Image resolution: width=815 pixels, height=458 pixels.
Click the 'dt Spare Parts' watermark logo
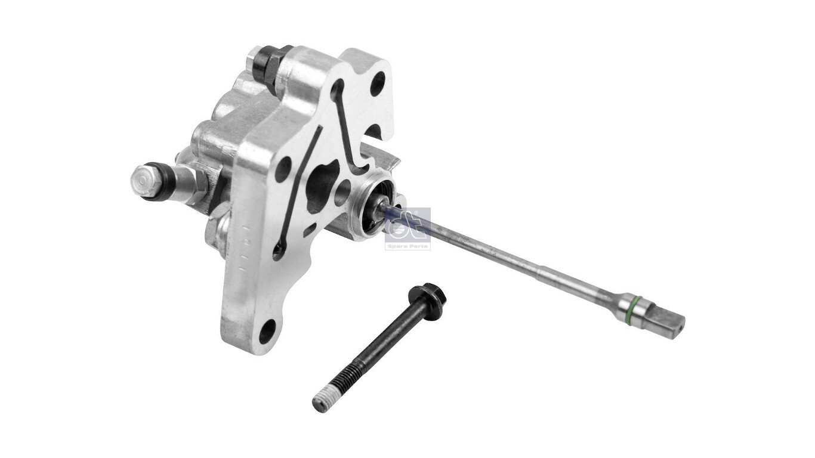click(x=407, y=228)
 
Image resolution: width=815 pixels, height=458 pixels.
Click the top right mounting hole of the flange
click(x=377, y=83)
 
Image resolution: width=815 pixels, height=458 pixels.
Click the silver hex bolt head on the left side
click(x=146, y=181)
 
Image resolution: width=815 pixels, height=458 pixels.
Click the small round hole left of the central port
click(x=283, y=169)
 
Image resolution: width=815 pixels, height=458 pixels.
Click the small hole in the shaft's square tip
click(x=678, y=324)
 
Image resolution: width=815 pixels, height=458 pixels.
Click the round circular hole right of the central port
click(x=342, y=193)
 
